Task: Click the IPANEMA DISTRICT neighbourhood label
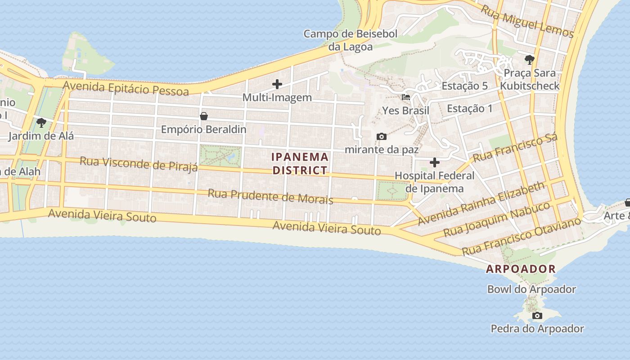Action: tap(300, 164)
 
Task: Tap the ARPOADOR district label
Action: tap(521, 269)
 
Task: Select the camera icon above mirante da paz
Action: tap(381, 136)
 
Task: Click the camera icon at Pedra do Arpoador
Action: tap(537, 316)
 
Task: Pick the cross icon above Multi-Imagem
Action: tap(277, 84)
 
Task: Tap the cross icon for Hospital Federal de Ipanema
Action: tap(434, 162)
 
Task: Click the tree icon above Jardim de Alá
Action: tap(41, 122)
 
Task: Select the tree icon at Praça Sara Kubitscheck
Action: tap(529, 59)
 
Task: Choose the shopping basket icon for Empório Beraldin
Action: tap(203, 116)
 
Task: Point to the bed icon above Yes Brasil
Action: tap(405, 97)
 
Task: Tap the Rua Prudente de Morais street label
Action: tap(270, 196)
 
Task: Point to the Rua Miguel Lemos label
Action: tap(527, 21)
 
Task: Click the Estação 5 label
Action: tap(465, 86)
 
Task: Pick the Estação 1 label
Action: tap(469, 108)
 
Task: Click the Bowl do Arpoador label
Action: tap(531, 289)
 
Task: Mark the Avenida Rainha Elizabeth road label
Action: tap(481, 203)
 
